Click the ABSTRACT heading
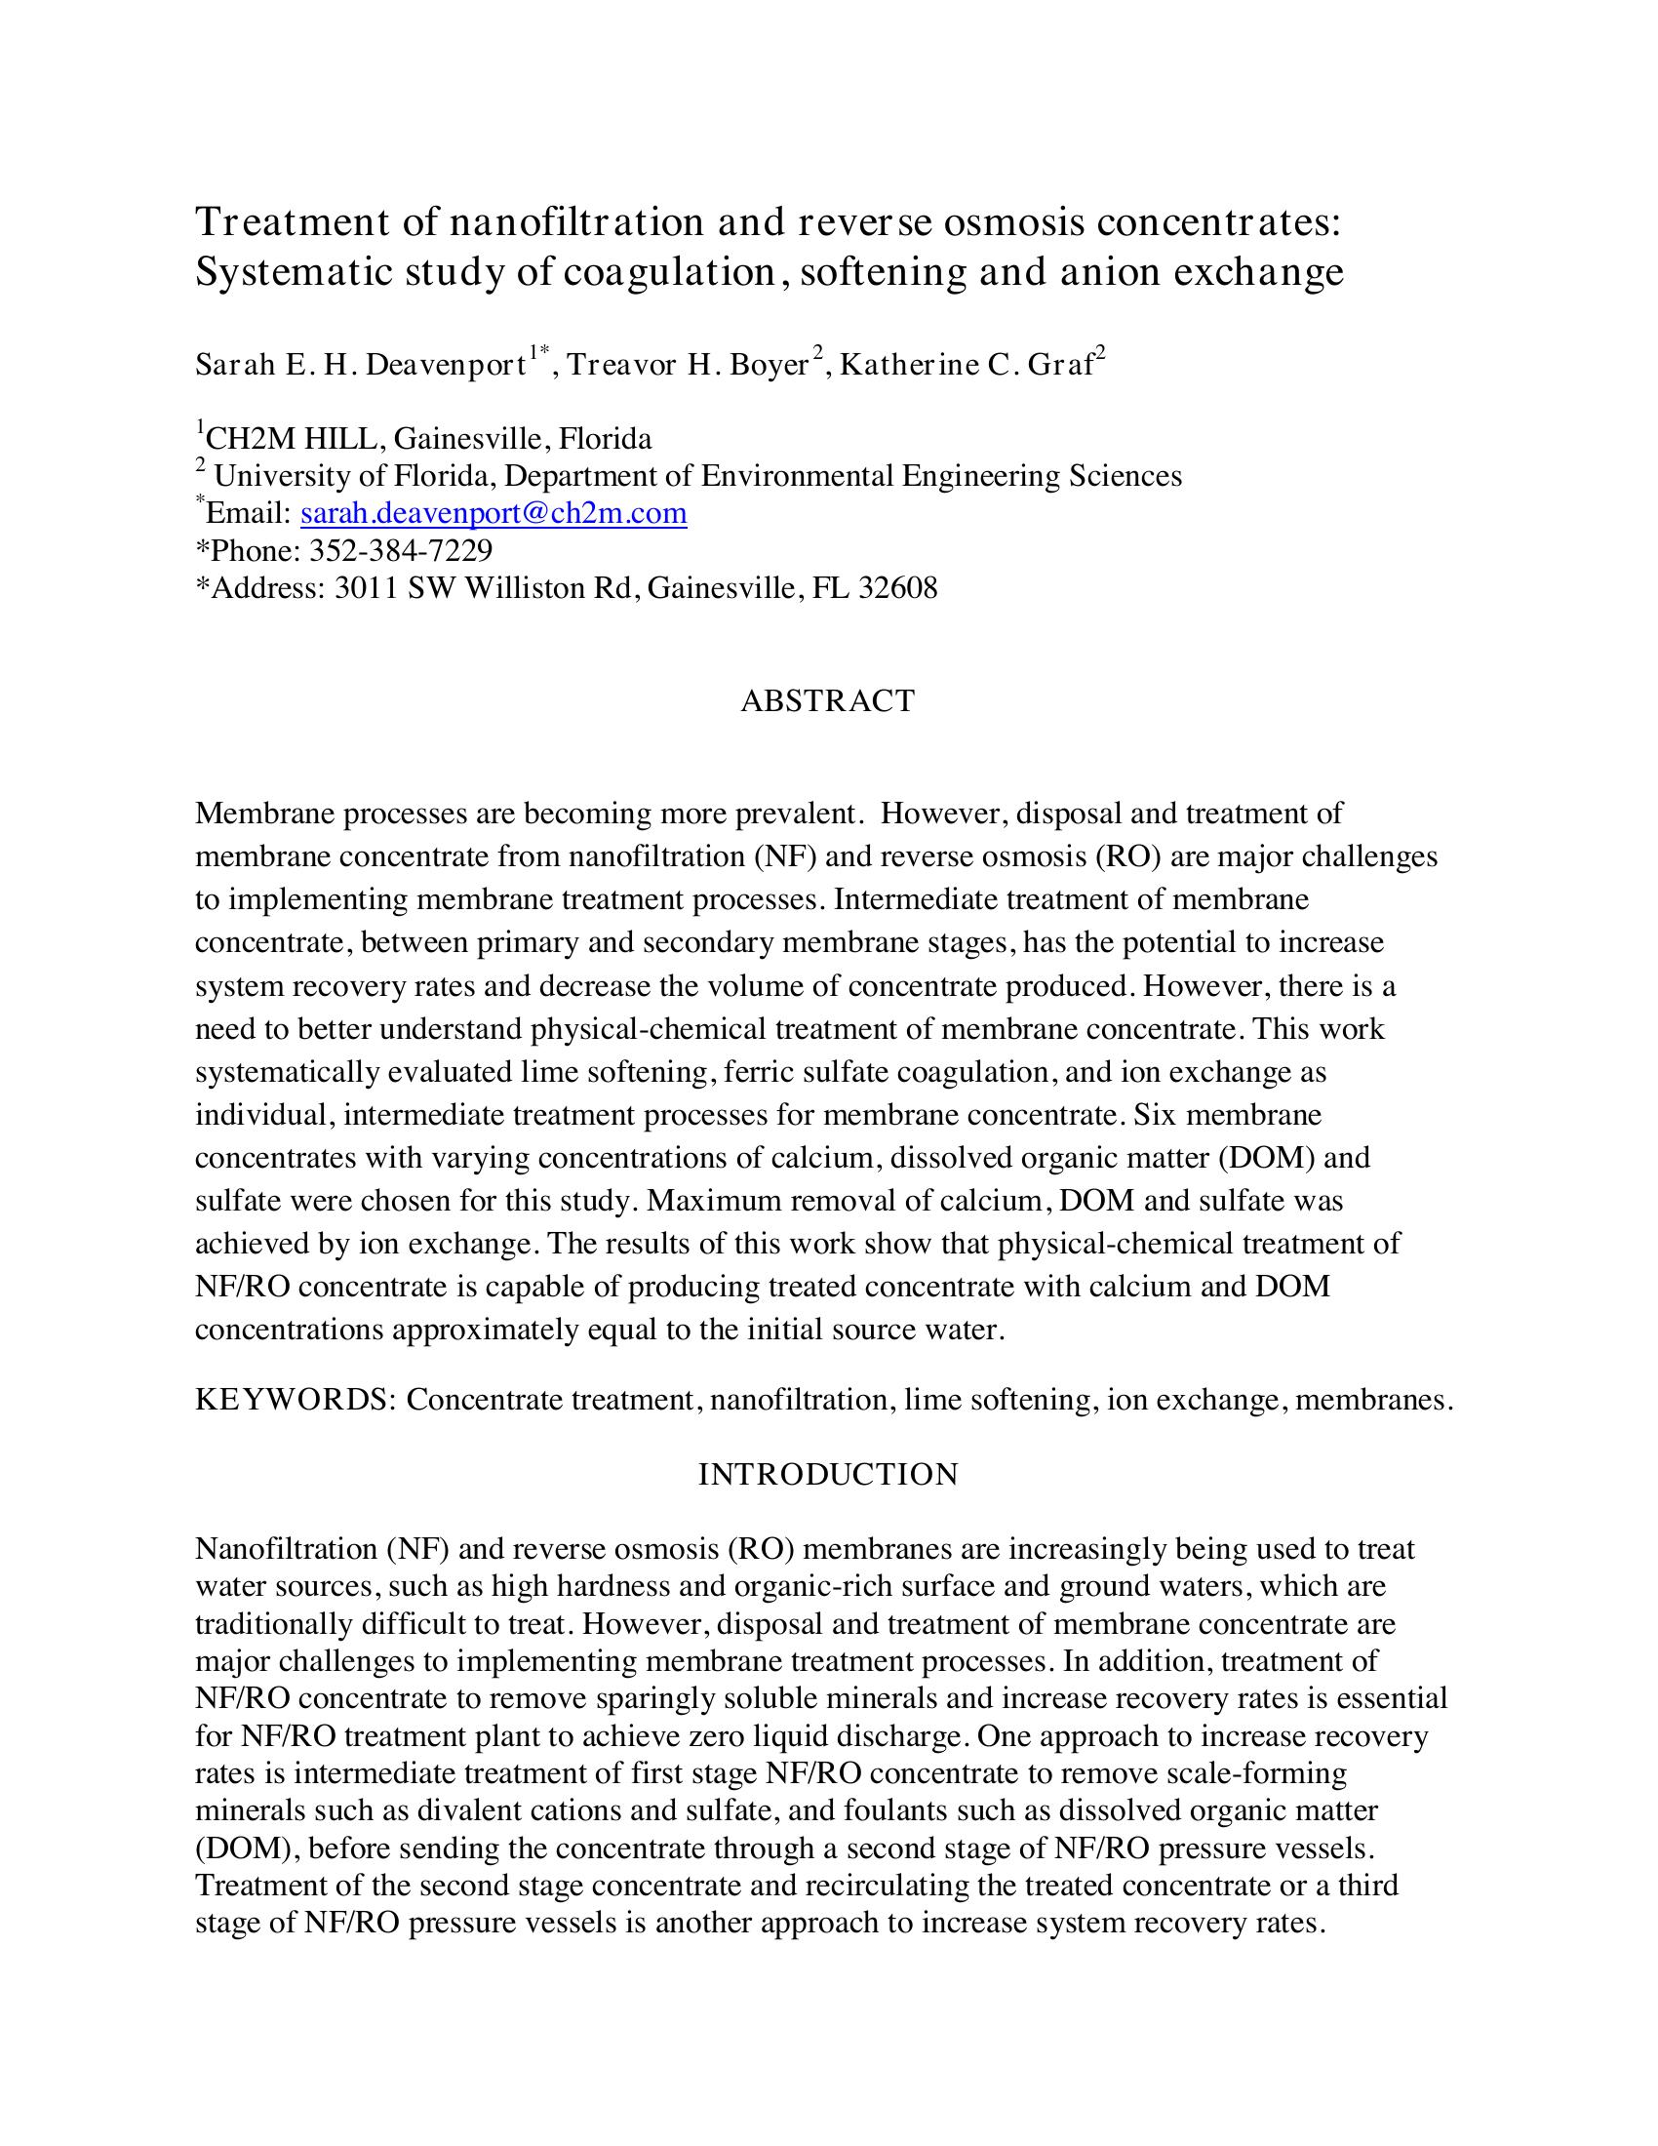coord(827,700)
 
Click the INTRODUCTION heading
coord(828,1474)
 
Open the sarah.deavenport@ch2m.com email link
coord(493,513)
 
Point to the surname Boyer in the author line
coord(770,366)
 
